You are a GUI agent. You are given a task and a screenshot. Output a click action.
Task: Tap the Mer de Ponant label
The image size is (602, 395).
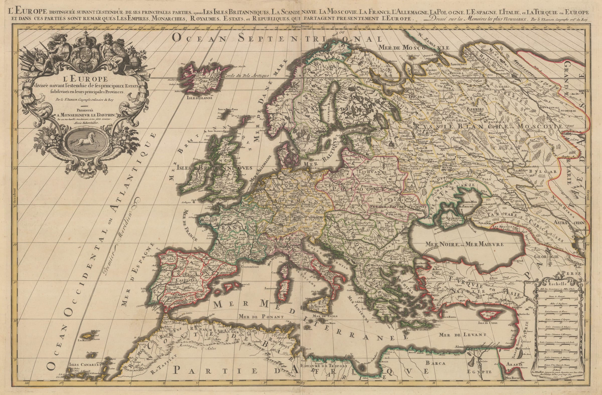[260, 316]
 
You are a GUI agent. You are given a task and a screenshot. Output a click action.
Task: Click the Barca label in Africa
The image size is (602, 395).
[435, 363]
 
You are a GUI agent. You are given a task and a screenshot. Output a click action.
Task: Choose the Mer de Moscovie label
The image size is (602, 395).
[414, 48]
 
